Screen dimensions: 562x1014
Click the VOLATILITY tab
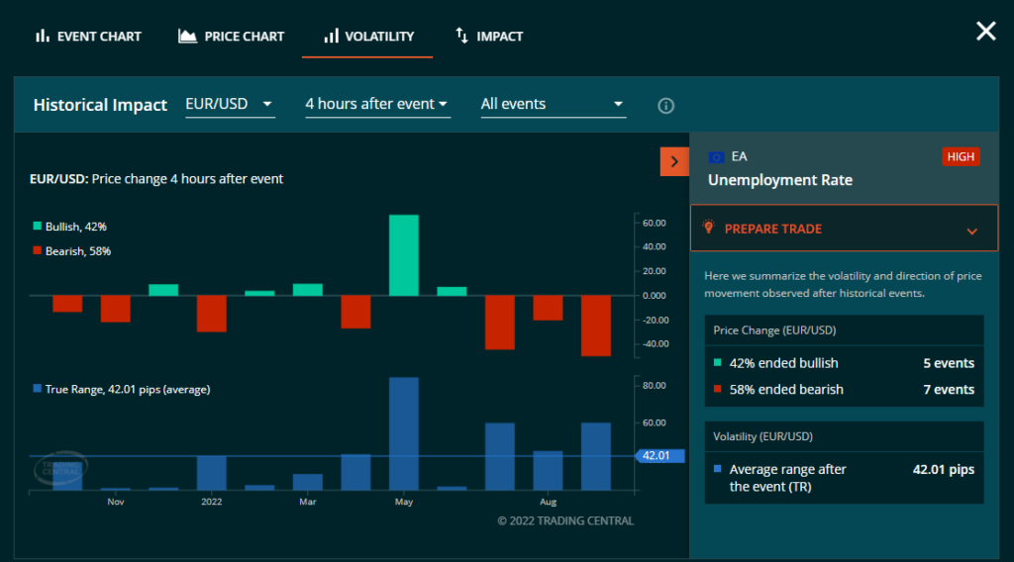click(368, 37)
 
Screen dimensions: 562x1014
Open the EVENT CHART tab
click(88, 37)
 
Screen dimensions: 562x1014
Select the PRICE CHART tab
click(231, 37)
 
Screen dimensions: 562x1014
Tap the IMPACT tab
click(489, 37)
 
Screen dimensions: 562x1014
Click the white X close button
click(985, 32)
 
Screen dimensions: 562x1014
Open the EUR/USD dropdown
click(230, 104)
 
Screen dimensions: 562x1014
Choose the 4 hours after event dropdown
click(377, 104)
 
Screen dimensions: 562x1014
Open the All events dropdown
click(553, 104)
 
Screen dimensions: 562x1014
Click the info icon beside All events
click(666, 106)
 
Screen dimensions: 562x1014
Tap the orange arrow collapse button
click(674, 161)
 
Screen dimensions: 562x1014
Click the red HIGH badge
click(961, 156)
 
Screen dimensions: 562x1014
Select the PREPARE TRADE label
click(773, 229)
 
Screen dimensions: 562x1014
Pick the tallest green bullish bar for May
click(403, 255)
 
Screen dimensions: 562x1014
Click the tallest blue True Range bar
click(403, 433)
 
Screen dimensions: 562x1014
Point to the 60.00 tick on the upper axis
click(654, 223)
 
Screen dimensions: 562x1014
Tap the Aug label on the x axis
click(548, 502)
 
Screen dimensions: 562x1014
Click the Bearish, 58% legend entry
click(77, 251)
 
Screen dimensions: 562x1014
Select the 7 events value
click(948, 390)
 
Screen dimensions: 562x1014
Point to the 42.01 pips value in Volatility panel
click(943, 470)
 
